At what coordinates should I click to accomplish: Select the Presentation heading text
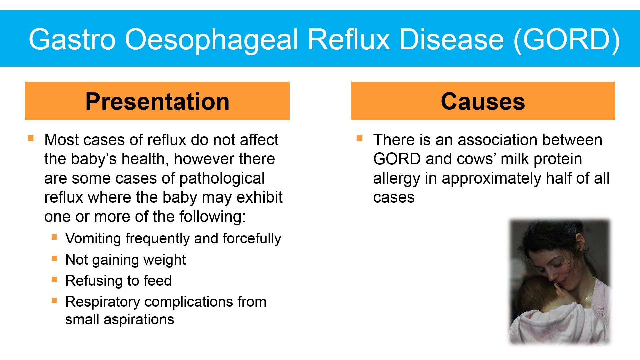click(157, 101)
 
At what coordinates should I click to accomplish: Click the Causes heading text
click(483, 101)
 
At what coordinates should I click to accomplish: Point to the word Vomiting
click(93, 239)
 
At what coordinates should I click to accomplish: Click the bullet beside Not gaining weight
click(54, 258)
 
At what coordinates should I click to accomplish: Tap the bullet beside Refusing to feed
click(54, 279)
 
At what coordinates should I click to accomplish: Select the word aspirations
click(139, 320)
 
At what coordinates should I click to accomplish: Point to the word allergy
click(397, 178)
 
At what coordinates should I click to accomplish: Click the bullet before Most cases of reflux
click(31, 138)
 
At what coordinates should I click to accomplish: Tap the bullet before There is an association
click(359, 138)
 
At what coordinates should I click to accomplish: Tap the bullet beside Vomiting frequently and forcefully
click(54, 237)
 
